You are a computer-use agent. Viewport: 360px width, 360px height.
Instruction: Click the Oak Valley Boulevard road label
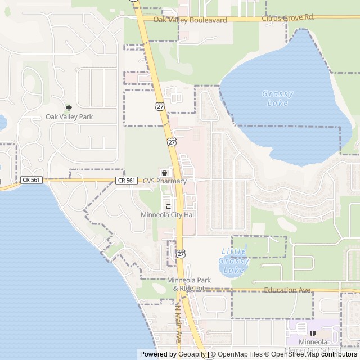click(x=191, y=20)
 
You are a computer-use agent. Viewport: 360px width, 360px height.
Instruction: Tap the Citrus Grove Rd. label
click(x=287, y=18)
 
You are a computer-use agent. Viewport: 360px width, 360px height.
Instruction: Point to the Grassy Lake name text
click(x=278, y=98)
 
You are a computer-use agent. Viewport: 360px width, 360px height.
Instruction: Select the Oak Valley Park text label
click(x=69, y=117)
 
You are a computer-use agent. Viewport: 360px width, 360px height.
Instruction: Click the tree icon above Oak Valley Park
click(x=69, y=107)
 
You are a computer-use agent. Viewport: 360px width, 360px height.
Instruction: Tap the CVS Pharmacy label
click(x=164, y=181)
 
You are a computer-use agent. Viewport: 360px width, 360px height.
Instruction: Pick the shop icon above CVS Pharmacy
click(x=165, y=172)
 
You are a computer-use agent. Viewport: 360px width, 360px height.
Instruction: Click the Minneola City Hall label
click(x=168, y=215)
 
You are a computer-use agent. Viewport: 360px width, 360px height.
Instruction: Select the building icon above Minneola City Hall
click(x=168, y=205)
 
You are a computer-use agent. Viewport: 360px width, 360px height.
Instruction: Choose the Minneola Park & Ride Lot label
click(x=188, y=284)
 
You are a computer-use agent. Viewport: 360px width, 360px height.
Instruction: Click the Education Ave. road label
click(x=287, y=290)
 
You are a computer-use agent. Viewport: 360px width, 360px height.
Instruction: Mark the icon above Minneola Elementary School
click(x=313, y=333)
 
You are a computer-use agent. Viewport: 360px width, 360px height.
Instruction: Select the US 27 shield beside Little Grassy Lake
click(x=181, y=254)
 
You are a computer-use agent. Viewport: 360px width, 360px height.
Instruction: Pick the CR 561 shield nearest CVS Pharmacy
click(x=127, y=180)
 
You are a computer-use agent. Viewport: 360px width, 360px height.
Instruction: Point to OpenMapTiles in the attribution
click(x=240, y=354)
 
